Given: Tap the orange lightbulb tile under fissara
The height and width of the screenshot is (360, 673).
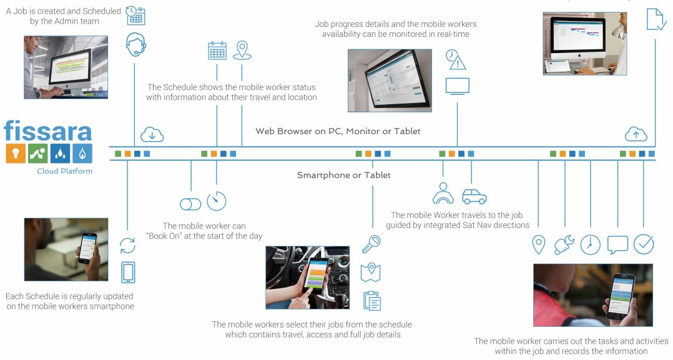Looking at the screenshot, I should coord(16,153).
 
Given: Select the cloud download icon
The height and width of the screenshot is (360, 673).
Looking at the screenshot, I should coord(152,134).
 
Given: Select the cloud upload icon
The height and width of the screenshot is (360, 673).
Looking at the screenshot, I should coord(636,134).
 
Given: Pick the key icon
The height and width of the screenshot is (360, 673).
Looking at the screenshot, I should coord(371,243).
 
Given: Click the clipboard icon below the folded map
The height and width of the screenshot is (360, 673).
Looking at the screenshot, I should coord(372,300).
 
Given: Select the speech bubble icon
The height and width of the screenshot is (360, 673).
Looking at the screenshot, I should coord(617,244).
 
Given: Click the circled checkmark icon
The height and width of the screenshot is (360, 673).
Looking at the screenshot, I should coord(644,244).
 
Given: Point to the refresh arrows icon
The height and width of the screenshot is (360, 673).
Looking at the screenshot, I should coord(128,244).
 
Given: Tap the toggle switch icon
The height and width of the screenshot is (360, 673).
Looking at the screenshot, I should coord(190,203).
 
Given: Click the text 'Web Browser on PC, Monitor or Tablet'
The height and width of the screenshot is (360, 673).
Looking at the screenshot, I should coord(338,131).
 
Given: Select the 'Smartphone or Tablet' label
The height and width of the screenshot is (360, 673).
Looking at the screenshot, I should coord(343,175).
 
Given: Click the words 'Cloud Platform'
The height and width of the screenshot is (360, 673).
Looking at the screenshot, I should coord(64,171).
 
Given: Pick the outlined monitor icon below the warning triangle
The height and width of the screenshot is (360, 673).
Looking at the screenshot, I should coord(457,86).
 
